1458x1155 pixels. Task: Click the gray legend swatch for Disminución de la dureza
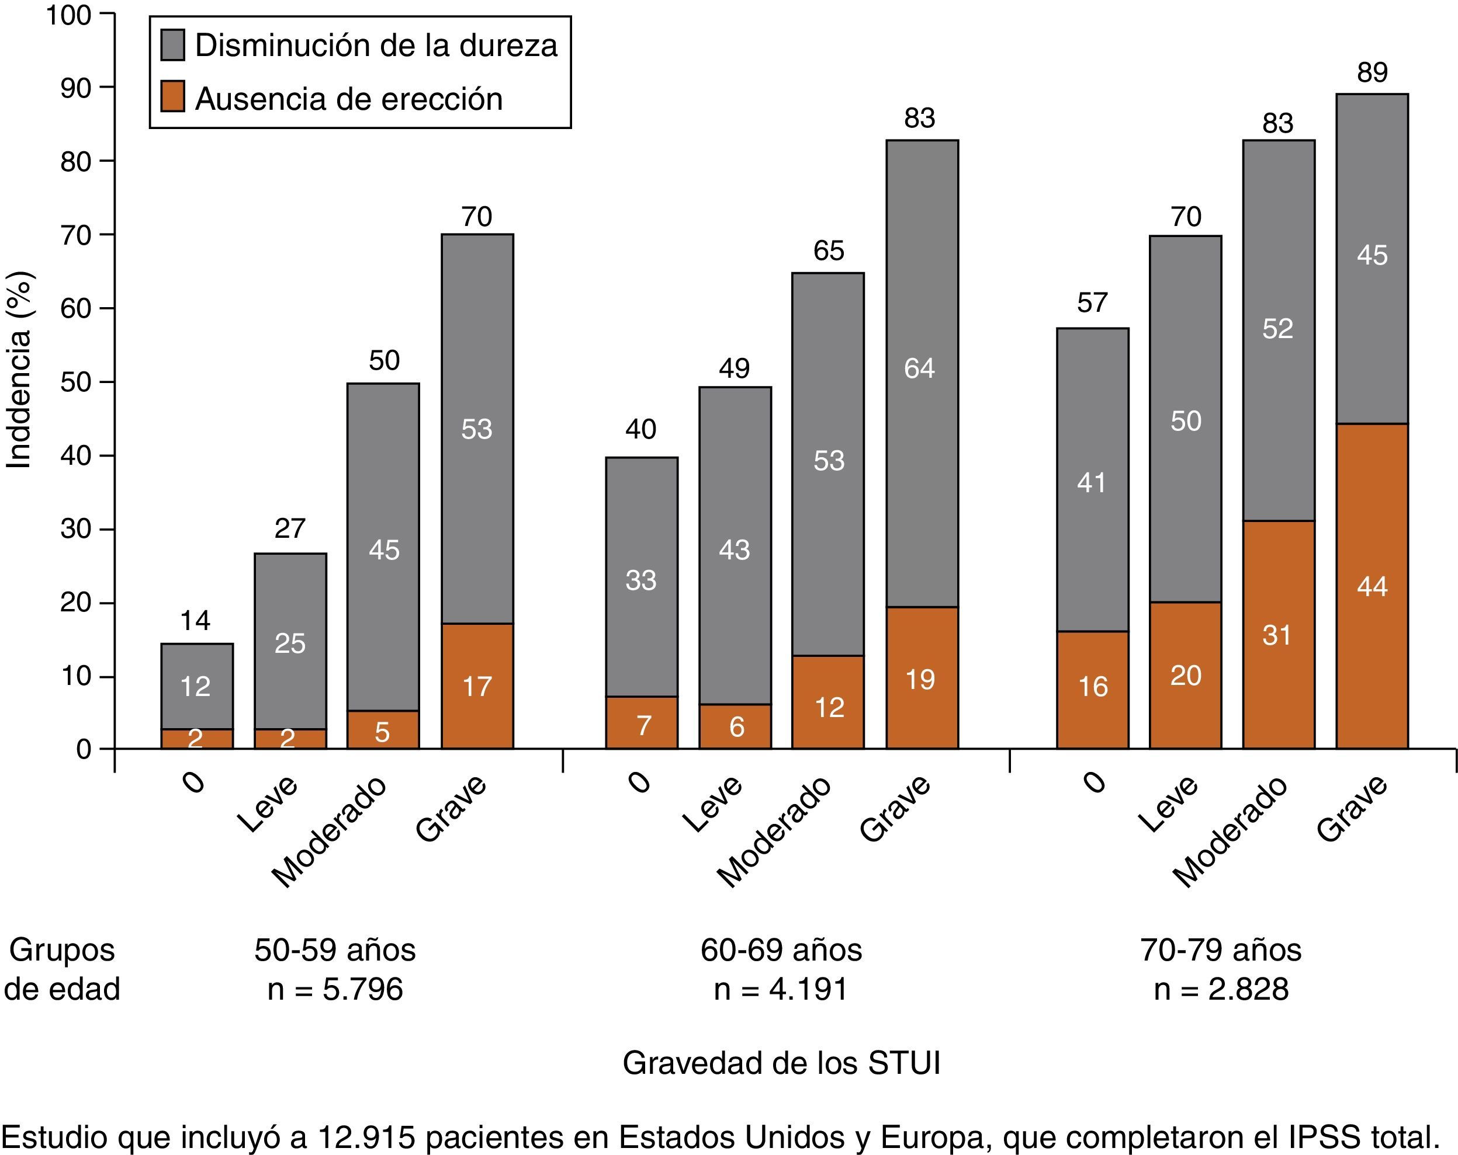tap(172, 46)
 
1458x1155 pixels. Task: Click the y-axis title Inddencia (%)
tap(19, 370)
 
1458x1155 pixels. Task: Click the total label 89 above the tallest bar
tap(1372, 72)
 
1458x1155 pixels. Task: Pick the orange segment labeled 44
tap(1372, 586)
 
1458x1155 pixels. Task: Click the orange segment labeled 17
tap(477, 686)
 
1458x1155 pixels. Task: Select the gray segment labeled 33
tap(641, 579)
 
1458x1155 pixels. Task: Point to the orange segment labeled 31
tap(1278, 635)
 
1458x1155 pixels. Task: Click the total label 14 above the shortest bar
tap(195, 620)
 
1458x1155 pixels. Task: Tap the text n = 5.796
tap(335, 989)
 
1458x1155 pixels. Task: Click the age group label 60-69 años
tap(781, 950)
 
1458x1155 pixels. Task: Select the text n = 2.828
tap(1221, 989)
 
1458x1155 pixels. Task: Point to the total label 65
tap(829, 251)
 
